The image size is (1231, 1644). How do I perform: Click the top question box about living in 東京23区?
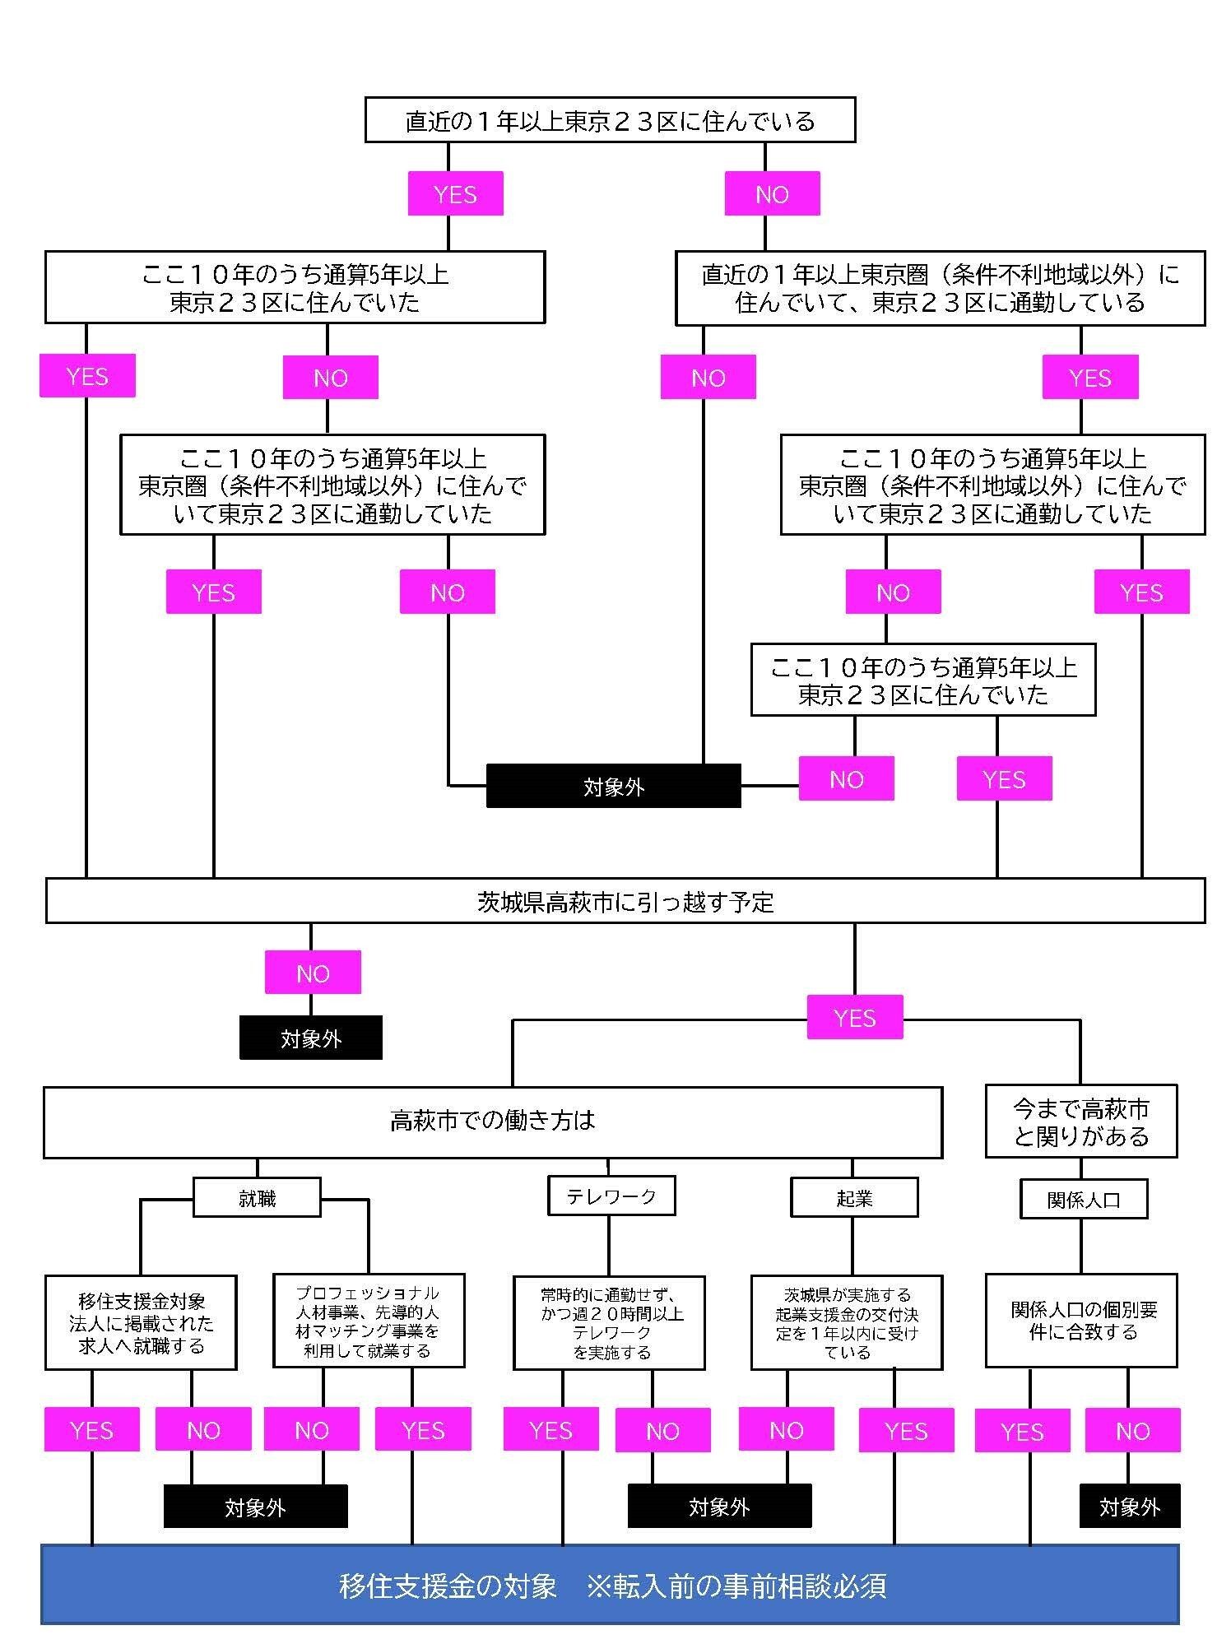point(610,121)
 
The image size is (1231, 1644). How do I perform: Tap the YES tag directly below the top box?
point(455,194)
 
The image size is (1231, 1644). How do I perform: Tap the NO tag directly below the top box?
point(772,194)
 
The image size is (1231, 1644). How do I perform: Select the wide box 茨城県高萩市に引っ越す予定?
point(625,901)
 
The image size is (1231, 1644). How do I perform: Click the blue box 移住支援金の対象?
point(610,1585)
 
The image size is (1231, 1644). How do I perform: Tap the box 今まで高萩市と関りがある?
point(1080,1122)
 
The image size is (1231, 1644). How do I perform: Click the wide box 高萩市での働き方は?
point(492,1122)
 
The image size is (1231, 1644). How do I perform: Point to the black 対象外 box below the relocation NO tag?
point(310,1038)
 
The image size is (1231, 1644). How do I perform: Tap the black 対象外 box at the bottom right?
point(1129,1507)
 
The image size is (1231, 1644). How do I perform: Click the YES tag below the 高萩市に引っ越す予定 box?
point(854,1018)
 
